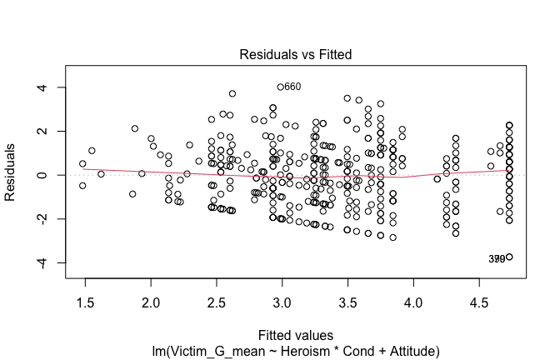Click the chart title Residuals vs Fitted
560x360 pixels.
tap(295, 55)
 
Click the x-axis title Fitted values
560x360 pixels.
tap(295, 335)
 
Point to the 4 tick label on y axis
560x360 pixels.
tap(51, 87)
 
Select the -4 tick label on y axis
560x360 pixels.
tap(48, 262)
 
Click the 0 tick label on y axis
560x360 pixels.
tap(51, 175)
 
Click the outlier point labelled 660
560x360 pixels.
tap(281, 87)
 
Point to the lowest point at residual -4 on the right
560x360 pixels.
tap(509, 257)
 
